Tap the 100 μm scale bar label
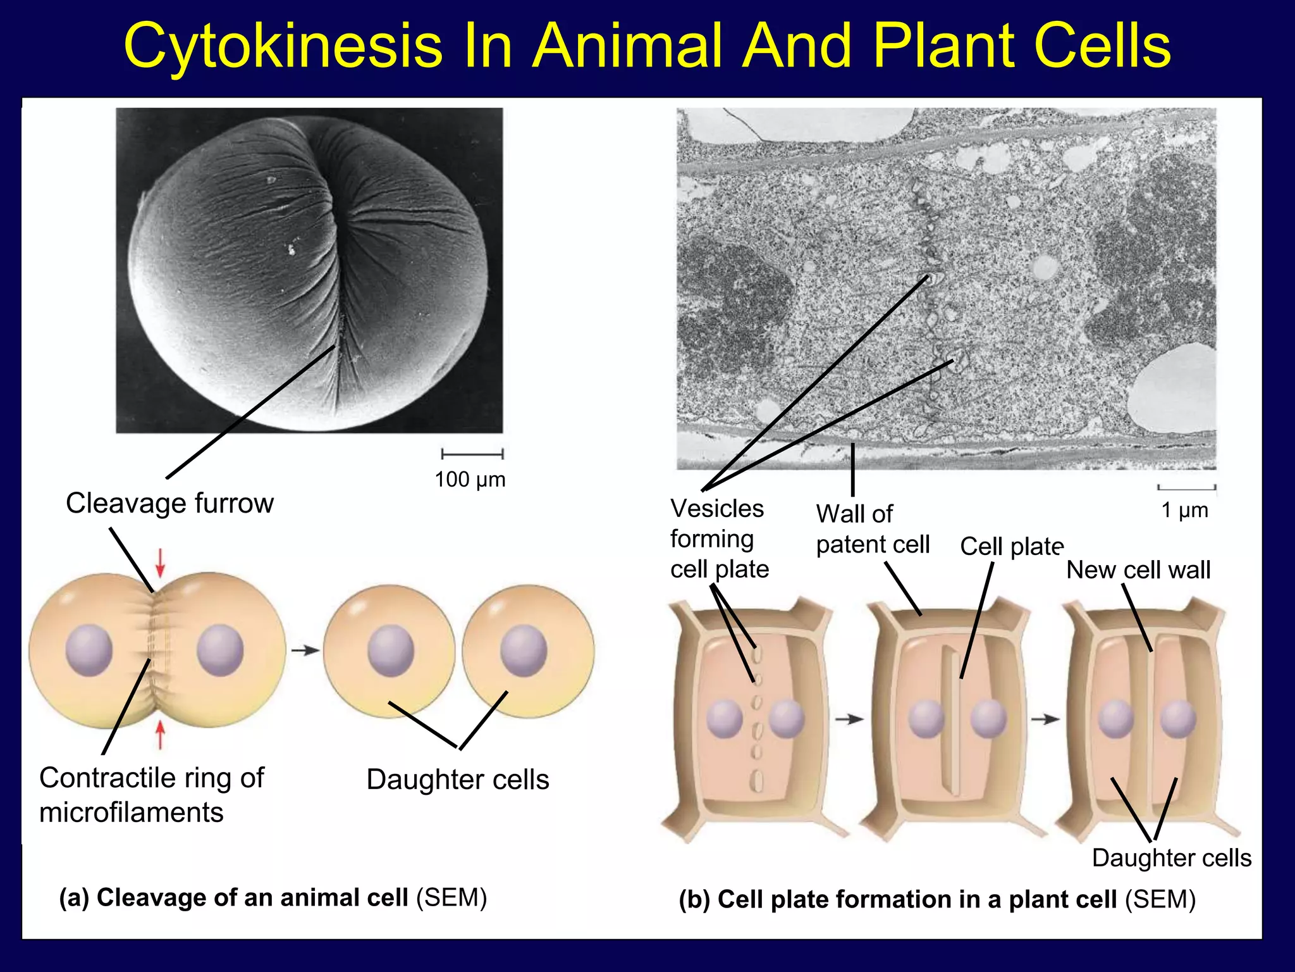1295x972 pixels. tap(470, 480)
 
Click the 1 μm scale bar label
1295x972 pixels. tap(1184, 510)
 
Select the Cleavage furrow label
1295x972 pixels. tap(169, 503)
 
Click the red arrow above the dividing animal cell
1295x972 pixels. tap(161, 562)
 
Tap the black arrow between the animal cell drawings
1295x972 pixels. tap(305, 650)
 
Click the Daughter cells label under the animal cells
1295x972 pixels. tap(458, 780)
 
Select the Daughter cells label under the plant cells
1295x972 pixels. tap(1171, 858)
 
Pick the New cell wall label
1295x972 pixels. tap(1138, 570)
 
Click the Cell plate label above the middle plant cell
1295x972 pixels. tap(1012, 547)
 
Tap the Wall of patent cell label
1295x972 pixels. tap(873, 529)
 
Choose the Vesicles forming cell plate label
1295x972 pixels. tap(719, 539)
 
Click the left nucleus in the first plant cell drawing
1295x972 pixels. tap(725, 719)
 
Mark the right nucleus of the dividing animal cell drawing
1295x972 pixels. tap(220, 650)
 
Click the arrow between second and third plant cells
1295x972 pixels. tap(1045, 720)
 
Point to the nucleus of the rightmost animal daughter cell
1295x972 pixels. tap(524, 650)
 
